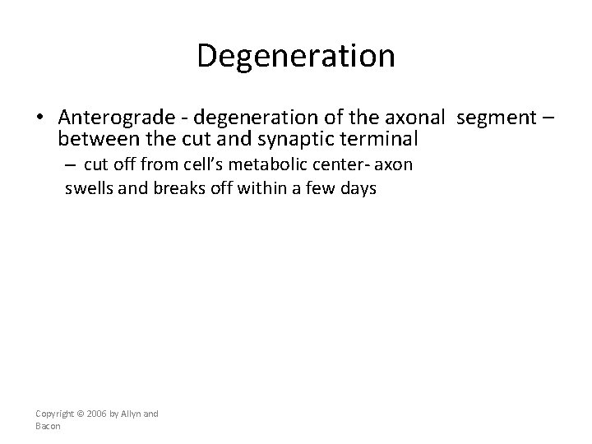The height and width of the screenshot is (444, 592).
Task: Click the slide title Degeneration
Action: coord(296,56)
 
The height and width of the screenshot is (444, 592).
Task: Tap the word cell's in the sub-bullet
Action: coord(197,164)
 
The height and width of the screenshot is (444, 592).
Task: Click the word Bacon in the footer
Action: coord(49,426)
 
